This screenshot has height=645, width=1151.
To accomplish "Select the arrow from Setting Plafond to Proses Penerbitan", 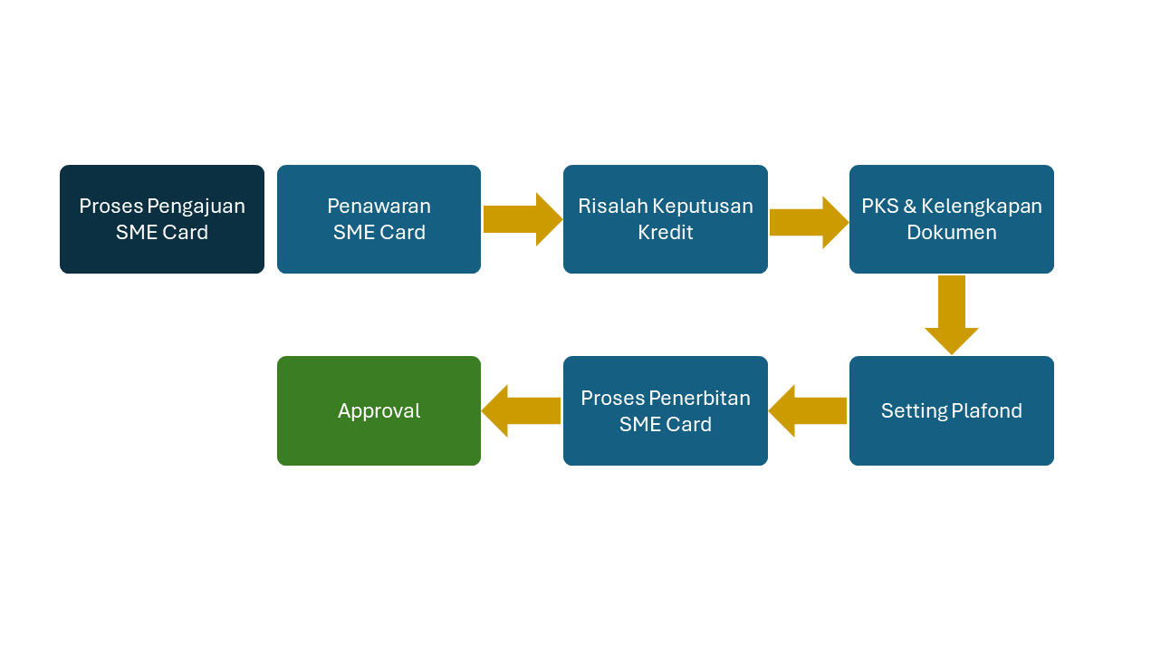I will (x=809, y=411).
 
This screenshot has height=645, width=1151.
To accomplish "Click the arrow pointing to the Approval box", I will (x=522, y=410).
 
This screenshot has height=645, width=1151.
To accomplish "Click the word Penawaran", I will (x=379, y=206).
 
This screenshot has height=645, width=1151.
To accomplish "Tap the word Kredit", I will (x=665, y=233).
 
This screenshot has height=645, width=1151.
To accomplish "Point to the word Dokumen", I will (x=951, y=233).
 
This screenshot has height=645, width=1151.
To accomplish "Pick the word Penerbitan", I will (x=706, y=399).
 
